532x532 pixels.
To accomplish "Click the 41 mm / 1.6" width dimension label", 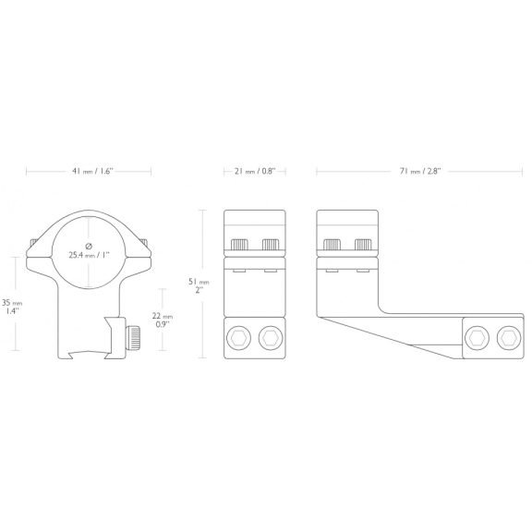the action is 91,172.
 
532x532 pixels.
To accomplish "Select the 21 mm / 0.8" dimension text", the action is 255,172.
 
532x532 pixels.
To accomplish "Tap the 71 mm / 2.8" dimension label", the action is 419,172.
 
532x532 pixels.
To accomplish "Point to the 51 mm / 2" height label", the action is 199,285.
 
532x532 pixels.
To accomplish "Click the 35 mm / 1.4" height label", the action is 12,307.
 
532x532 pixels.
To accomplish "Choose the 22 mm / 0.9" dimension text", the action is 163,320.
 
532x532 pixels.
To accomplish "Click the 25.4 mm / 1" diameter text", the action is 89,255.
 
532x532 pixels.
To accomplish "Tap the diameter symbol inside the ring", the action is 89,246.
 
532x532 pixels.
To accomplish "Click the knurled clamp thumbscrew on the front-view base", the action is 133,338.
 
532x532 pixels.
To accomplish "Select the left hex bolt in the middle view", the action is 239,338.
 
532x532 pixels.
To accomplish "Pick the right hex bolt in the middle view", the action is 271,338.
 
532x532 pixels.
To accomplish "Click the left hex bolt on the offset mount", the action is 477,338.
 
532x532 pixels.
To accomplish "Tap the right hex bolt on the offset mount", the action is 509,338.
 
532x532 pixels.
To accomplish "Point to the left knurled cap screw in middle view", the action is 239,244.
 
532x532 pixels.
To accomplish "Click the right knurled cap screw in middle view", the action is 271,244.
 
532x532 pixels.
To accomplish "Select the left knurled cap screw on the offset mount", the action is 332,244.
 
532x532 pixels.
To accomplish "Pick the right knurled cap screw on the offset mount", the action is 363,244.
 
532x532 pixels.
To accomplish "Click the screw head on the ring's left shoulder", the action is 33,243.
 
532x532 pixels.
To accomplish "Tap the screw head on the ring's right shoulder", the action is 144,242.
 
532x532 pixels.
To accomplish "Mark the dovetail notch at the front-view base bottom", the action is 89,355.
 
